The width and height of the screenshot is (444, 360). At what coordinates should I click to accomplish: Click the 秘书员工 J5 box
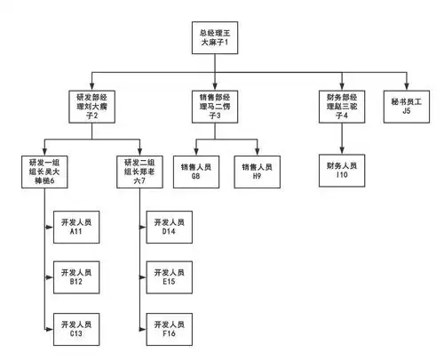point(407,104)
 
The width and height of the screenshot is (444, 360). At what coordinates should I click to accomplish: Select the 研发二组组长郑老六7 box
point(142,170)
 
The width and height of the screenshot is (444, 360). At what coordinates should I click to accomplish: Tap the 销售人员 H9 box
point(258,170)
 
